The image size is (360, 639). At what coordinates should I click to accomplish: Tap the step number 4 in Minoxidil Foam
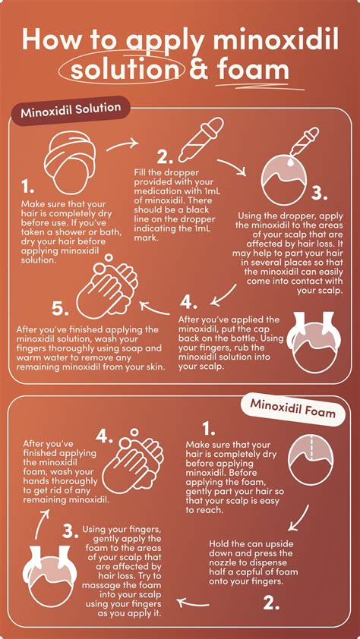[105, 439]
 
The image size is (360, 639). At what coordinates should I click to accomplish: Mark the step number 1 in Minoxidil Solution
[28, 187]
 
